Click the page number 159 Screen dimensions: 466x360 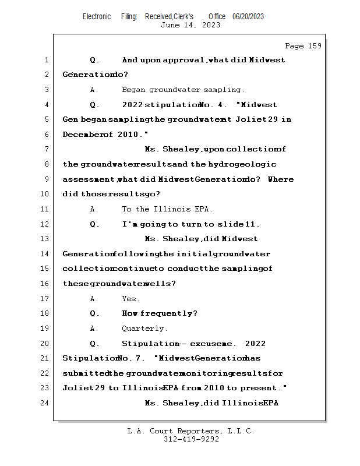(x=314, y=46)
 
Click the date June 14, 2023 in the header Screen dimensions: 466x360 (x=190, y=24)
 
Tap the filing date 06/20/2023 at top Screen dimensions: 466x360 (x=248, y=16)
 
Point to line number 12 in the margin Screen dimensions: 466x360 (x=45, y=224)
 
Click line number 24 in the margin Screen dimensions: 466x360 (x=45, y=403)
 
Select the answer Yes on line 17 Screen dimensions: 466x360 (x=130, y=299)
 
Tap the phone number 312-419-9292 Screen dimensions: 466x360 (x=191, y=439)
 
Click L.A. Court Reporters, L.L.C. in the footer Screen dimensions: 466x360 (x=191, y=431)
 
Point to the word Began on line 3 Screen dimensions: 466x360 (x=133, y=90)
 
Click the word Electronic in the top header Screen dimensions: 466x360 (x=97, y=16)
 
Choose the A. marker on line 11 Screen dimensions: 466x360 (x=94, y=209)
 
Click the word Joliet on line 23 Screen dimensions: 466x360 (x=76, y=388)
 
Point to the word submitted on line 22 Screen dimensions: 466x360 (x=85, y=373)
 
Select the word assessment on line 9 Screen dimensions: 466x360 (x=89, y=179)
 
